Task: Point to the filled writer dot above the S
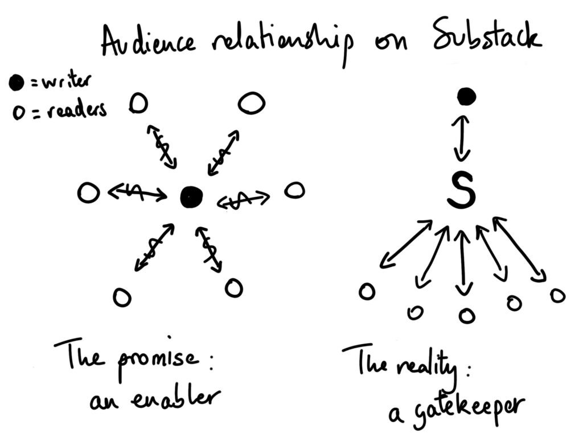(x=466, y=97)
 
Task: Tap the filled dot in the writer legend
(x=17, y=84)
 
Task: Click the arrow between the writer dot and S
(x=462, y=140)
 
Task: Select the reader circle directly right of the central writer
(x=294, y=190)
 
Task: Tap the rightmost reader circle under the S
(x=557, y=295)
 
